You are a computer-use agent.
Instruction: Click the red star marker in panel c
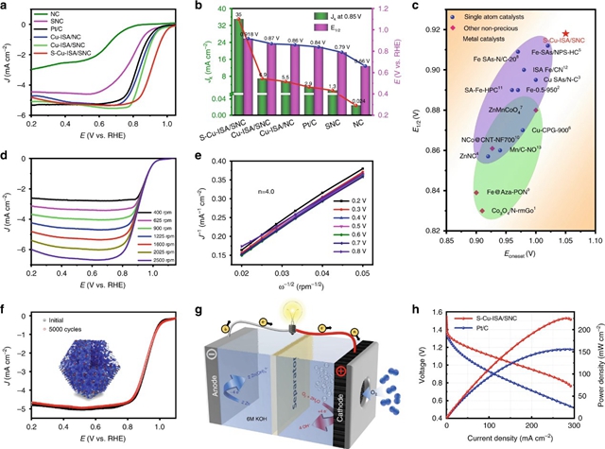(565, 32)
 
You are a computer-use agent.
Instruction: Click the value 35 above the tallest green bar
(238, 15)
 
